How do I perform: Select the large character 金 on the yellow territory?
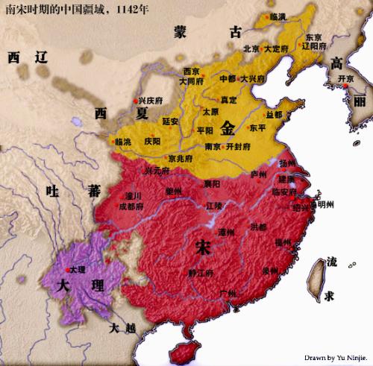pos(228,127)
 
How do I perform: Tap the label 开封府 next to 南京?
pos(239,146)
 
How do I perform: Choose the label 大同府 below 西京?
pos(192,81)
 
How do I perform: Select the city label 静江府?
pos(201,273)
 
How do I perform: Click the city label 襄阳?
pos(214,183)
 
